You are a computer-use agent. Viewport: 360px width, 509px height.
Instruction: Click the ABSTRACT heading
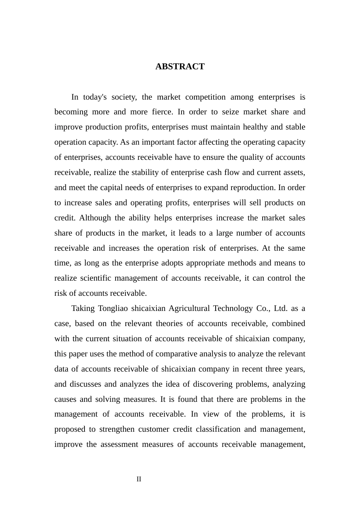[180, 67]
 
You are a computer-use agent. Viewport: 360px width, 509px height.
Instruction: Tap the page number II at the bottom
[139, 479]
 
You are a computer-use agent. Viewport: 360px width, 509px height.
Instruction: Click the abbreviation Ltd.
[280, 308]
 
